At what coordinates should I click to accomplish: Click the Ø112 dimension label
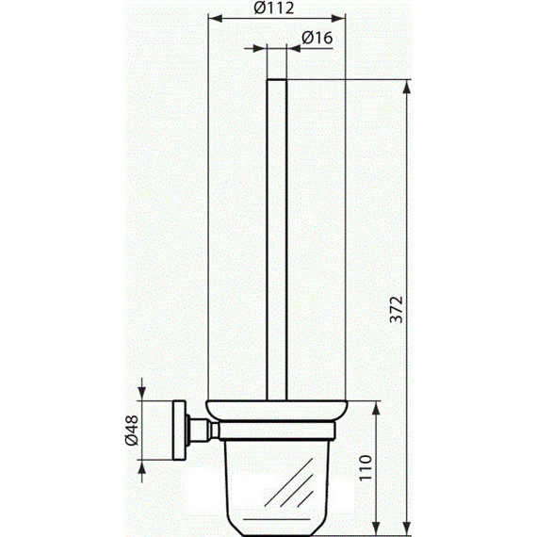coord(273,8)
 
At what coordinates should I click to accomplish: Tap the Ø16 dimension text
coord(317,38)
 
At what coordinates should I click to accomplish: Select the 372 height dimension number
coord(397,309)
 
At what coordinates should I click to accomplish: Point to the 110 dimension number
coord(366,467)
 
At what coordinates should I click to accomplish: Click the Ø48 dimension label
coord(132,431)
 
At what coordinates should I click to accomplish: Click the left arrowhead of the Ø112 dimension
coord(216,19)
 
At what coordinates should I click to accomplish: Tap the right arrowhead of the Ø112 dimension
coord(338,19)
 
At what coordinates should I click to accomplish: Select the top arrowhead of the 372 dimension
coord(406,87)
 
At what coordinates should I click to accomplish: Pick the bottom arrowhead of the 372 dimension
coord(406,529)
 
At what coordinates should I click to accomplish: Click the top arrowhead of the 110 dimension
coord(376,408)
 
